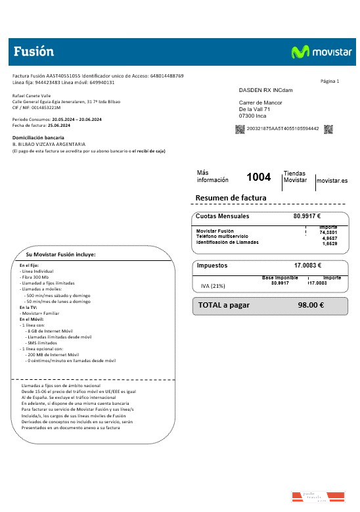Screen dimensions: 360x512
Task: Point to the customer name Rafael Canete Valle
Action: point(32,96)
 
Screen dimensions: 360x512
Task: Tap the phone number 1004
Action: point(258,177)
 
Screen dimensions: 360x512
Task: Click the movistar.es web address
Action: point(332,180)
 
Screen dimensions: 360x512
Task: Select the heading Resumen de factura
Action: point(231,198)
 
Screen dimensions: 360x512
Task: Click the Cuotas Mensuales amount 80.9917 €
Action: point(307,216)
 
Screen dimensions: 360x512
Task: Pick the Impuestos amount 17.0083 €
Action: point(307,266)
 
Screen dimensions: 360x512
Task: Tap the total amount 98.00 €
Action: point(311,305)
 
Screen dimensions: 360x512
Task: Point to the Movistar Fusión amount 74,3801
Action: point(328,232)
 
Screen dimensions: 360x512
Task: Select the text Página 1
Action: point(330,81)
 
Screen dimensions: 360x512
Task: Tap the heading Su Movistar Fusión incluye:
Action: point(61,254)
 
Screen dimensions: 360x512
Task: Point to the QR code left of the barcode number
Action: point(240,128)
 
